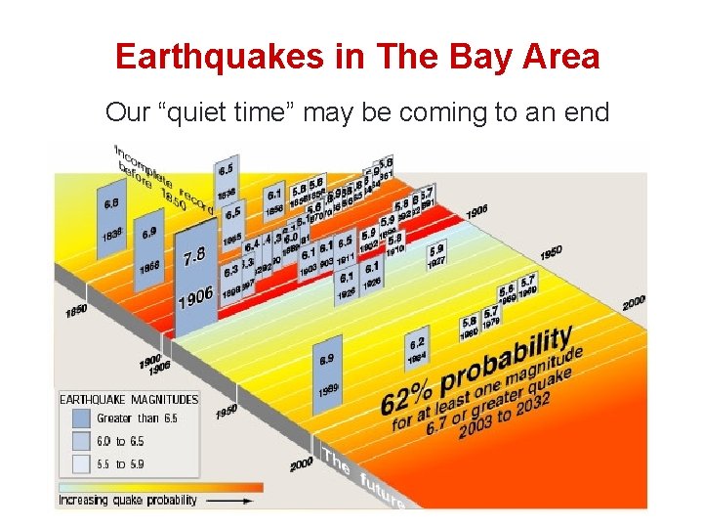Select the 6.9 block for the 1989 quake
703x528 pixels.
327,373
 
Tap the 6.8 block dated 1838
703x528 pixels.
111,220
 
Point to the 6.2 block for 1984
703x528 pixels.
417,349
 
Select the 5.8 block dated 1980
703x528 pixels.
470,327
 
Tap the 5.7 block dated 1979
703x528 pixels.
491,318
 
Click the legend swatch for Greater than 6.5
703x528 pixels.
80,418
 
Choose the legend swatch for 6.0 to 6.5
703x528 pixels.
80,441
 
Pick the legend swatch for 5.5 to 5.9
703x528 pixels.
80,463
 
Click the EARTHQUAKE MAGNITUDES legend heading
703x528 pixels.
129,399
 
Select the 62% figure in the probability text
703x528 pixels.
405,394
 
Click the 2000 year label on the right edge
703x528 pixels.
634,301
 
